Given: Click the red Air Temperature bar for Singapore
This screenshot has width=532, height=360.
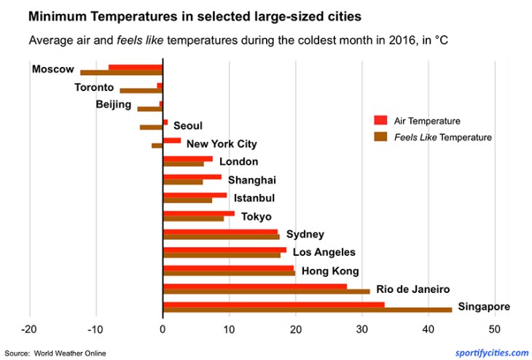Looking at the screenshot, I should click(273, 305).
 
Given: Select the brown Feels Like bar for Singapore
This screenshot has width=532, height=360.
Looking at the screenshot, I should click(307, 310).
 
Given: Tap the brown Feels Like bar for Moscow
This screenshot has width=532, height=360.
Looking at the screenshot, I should click(121, 73).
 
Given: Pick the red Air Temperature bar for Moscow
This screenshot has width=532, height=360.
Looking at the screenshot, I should click(135, 67).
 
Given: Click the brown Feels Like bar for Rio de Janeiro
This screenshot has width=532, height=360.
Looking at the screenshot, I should click(266, 291).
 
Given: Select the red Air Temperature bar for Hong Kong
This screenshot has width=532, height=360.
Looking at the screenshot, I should click(228, 267).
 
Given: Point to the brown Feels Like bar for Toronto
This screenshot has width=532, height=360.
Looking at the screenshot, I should click(141, 91).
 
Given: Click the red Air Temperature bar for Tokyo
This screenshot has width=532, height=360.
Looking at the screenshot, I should click(198, 213).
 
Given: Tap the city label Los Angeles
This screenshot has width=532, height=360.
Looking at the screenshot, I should click(324, 252).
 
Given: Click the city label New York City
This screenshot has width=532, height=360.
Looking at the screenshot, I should click(222, 144).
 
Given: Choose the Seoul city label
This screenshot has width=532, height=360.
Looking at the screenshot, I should click(187, 126).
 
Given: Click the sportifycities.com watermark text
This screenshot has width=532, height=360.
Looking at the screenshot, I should click(492, 353).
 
